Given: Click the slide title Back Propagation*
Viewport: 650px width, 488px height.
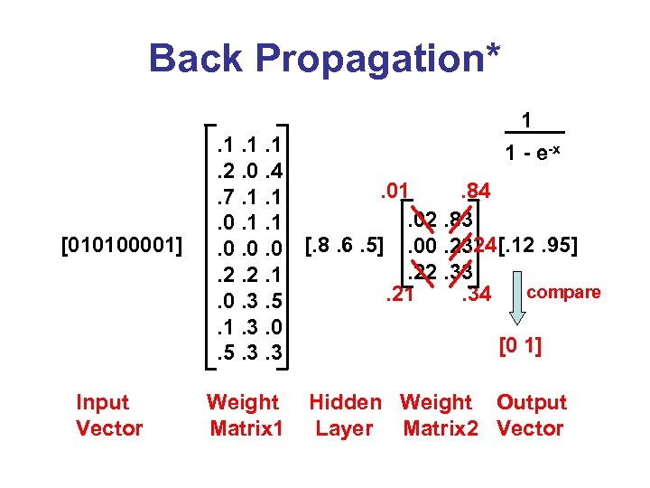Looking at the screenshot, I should [x=324, y=58].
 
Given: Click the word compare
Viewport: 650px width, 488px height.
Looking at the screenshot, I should [x=563, y=292].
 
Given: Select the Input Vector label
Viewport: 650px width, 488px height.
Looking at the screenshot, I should [x=109, y=415].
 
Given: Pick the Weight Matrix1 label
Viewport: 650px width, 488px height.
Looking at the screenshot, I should [x=243, y=415].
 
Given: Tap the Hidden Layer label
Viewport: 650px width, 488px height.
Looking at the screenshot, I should [x=345, y=415].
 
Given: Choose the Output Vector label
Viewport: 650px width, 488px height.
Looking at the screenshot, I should [x=531, y=415].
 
